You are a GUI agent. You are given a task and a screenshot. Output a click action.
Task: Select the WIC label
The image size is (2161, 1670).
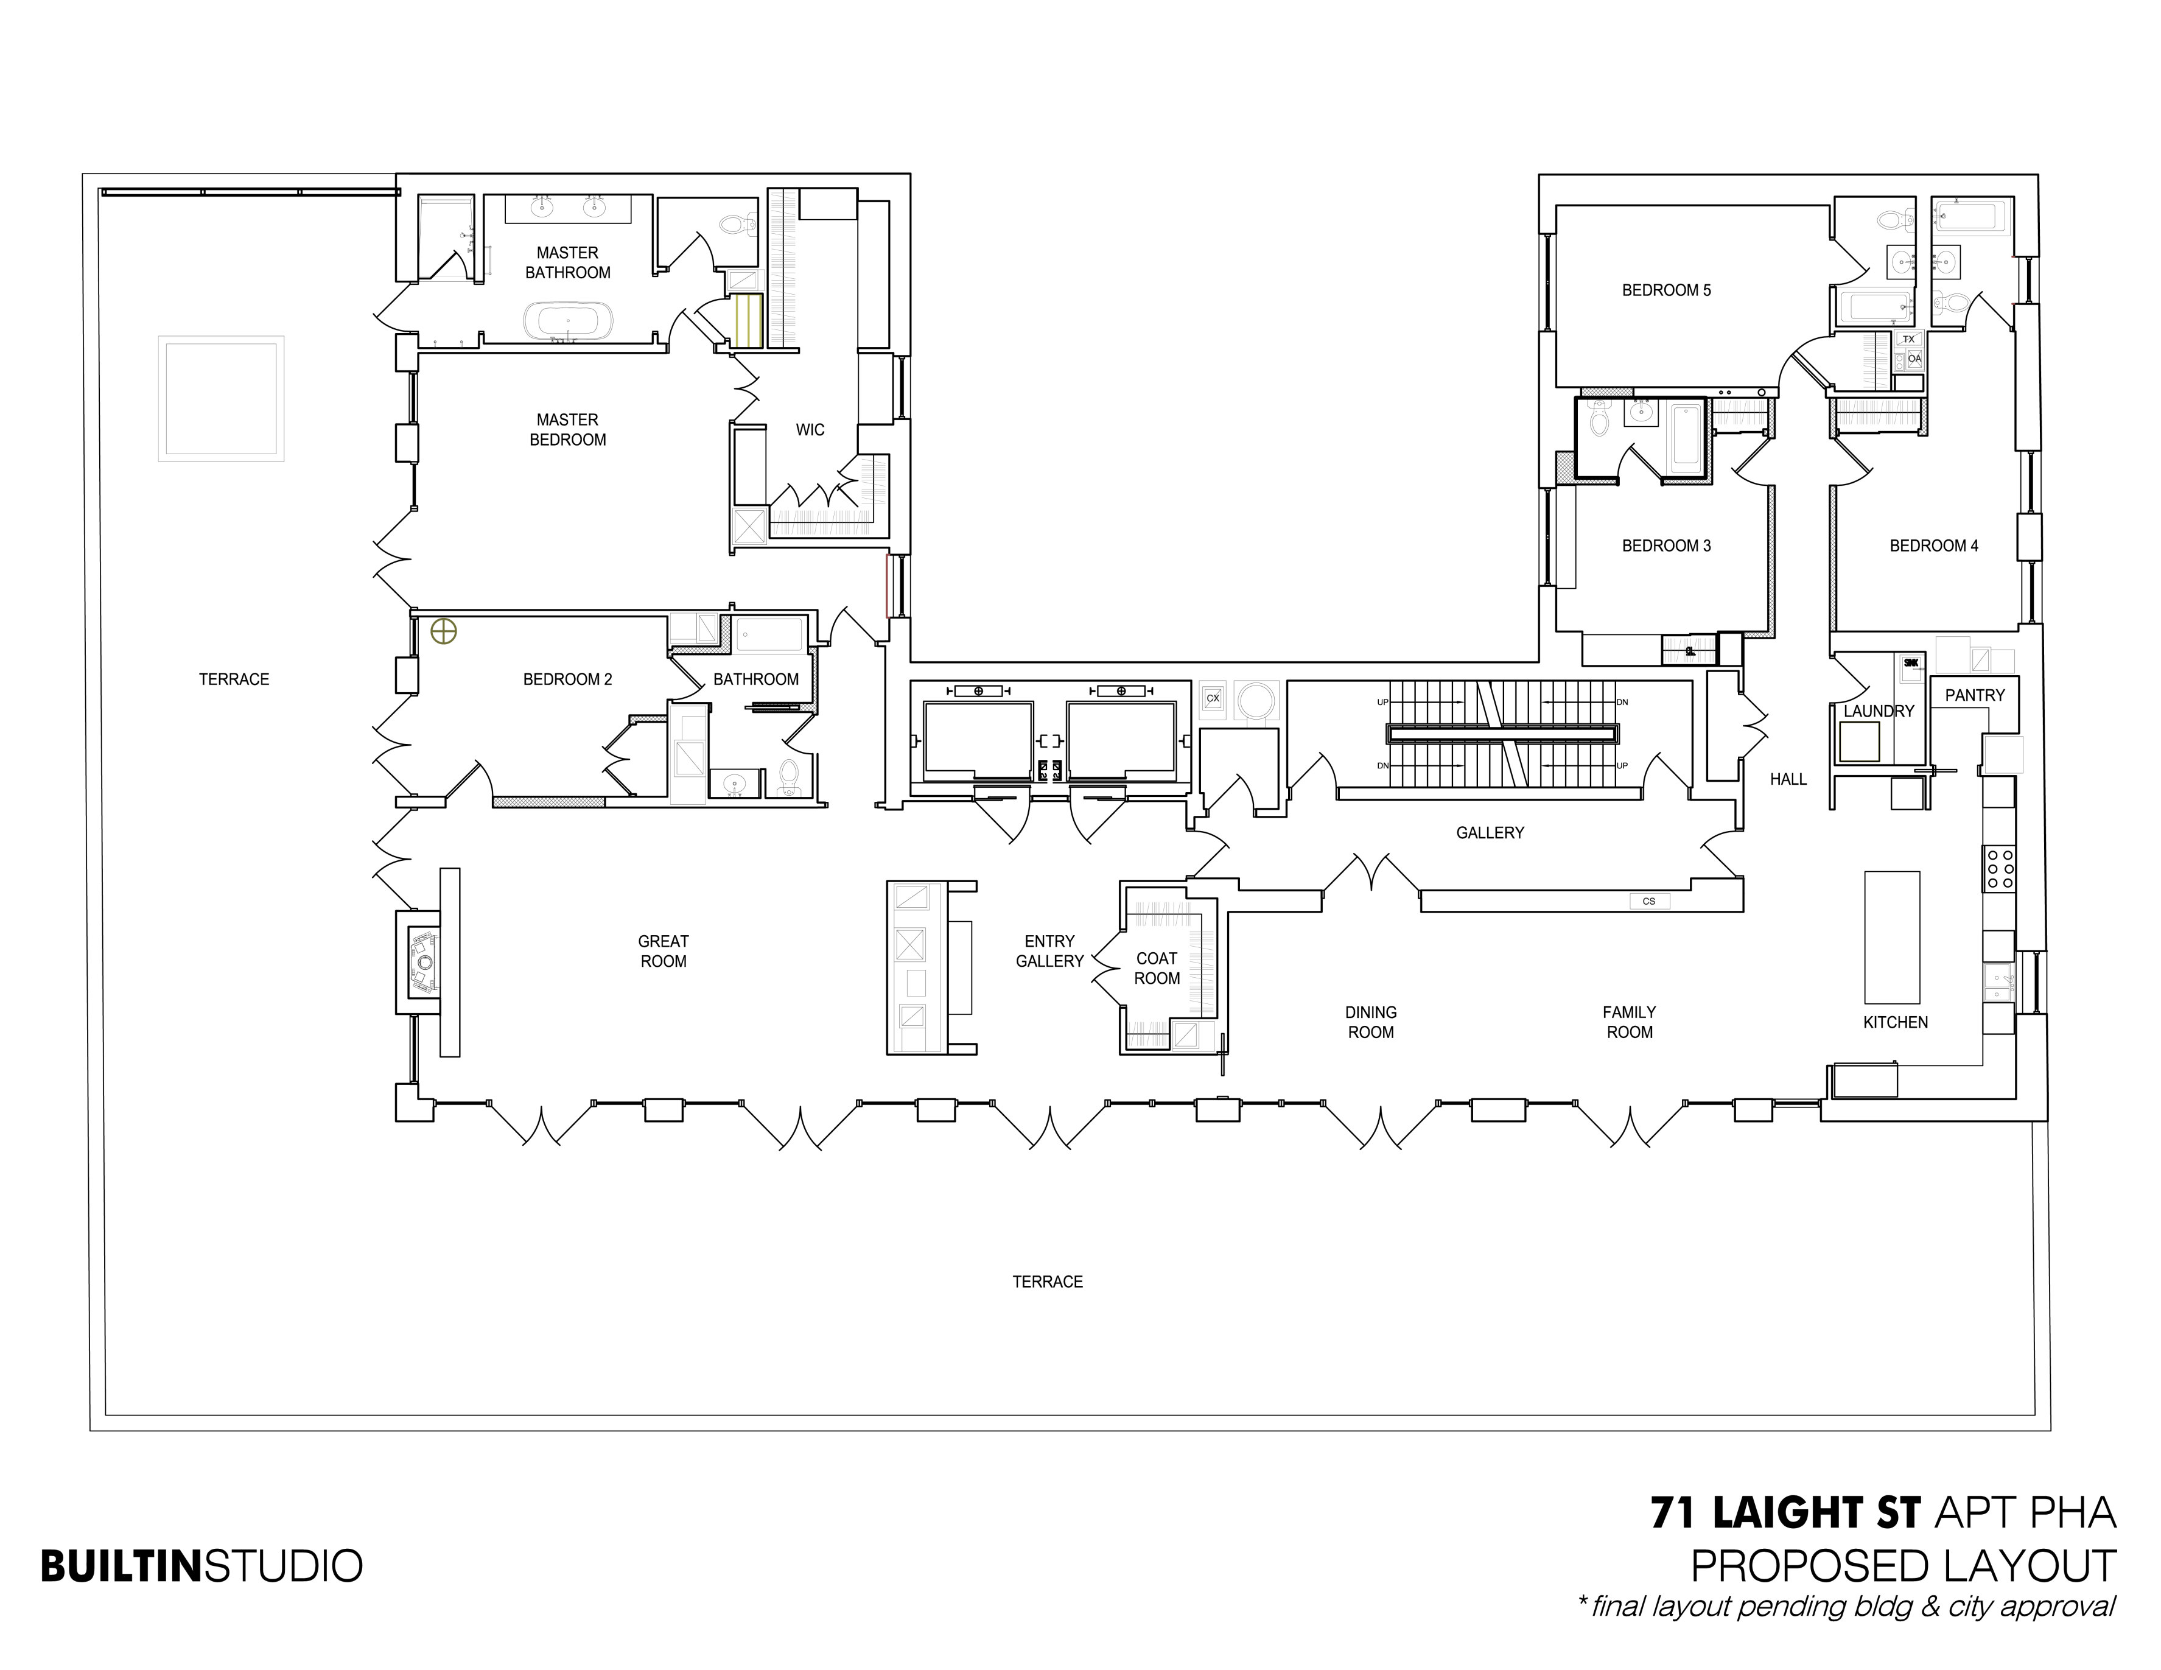click(x=810, y=429)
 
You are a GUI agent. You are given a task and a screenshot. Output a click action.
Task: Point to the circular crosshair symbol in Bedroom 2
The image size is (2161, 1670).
click(x=443, y=631)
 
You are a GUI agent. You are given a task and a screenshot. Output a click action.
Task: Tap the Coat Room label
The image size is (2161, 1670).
click(x=1157, y=967)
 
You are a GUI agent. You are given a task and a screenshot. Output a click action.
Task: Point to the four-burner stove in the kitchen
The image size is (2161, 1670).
click(x=1998, y=868)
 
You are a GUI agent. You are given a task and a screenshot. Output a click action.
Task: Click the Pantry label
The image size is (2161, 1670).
click(x=1974, y=695)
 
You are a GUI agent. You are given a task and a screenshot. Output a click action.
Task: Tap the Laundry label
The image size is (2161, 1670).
click(x=1878, y=710)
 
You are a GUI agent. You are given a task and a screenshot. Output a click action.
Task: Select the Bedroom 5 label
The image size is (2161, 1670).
click(x=1665, y=290)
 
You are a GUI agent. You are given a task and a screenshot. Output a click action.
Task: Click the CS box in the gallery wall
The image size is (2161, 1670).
click(x=1648, y=901)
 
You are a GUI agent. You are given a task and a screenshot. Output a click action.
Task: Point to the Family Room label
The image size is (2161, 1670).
click(x=1629, y=1022)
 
